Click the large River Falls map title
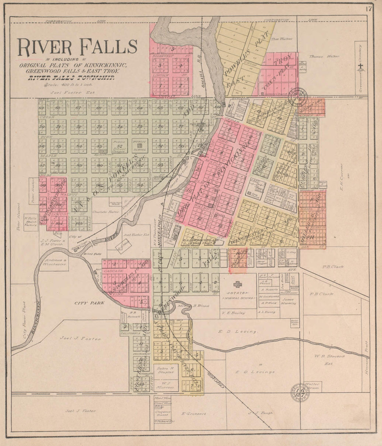tap(77, 48)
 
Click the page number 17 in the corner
tap(368, 9)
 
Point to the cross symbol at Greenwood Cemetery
tap(361, 67)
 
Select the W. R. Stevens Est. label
tap(324, 359)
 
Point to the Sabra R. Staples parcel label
tap(165, 370)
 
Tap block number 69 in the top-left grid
tap(42, 108)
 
